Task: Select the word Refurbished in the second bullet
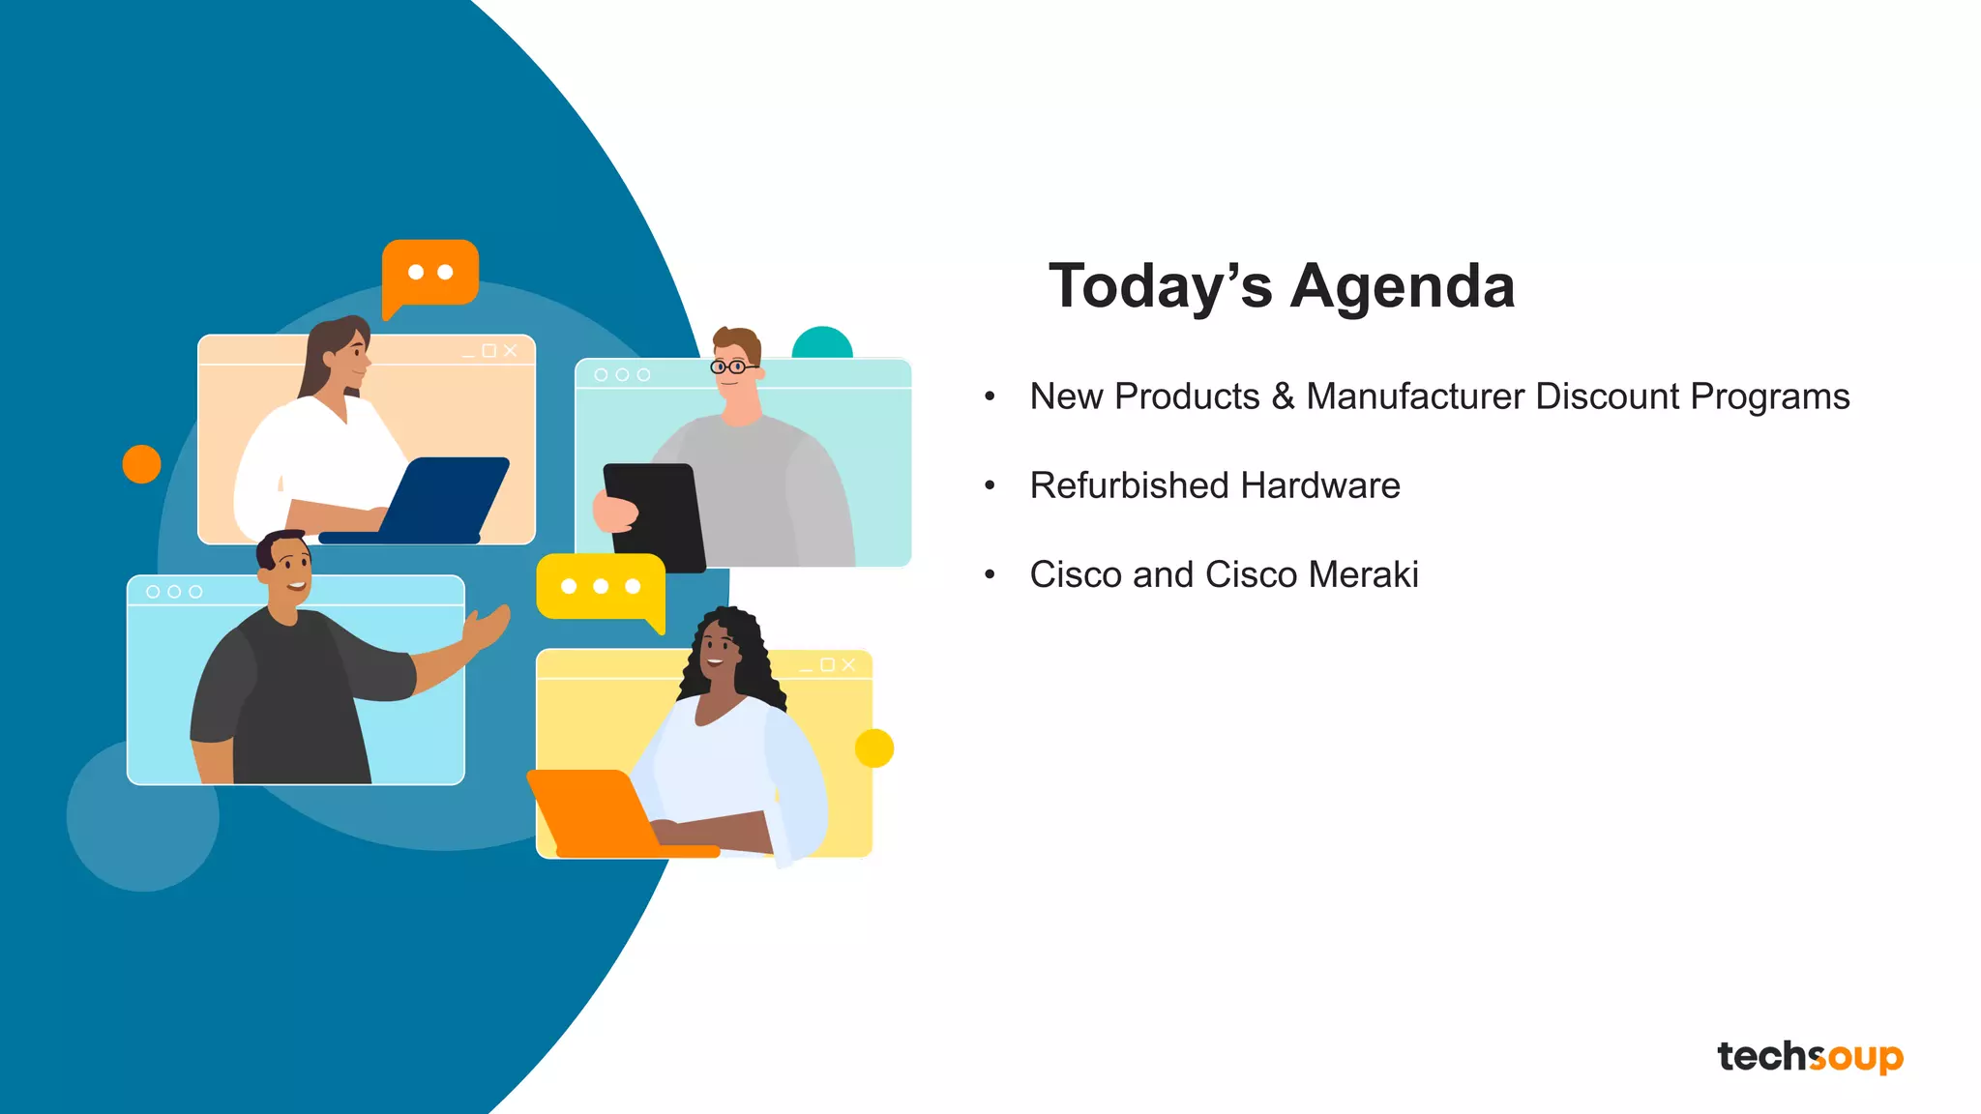[x=1127, y=485]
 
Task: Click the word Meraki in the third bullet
[x=1363, y=574]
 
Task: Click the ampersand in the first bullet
[x=1283, y=396]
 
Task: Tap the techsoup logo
[x=1810, y=1057]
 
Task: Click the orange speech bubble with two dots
[x=430, y=274]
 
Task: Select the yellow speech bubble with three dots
[x=600, y=587]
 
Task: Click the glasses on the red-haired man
[x=732, y=366]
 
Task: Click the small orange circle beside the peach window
[x=141, y=464]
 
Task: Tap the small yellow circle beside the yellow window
[x=874, y=748]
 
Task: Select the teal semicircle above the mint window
[x=822, y=344]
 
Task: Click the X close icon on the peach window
[x=511, y=350]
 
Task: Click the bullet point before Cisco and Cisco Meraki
[x=990, y=574]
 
